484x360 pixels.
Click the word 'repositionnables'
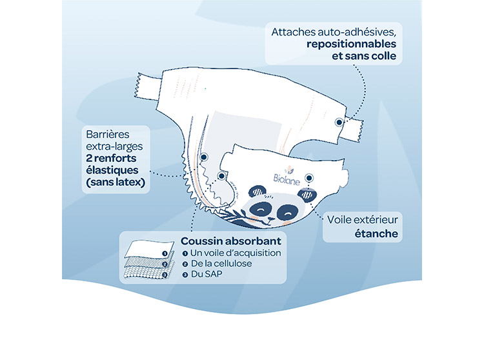[351, 44]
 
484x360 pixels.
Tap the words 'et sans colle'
[364, 56]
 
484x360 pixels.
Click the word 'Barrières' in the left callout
[108, 134]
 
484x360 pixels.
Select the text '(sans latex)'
[116, 183]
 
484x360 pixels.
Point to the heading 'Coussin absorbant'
[231, 241]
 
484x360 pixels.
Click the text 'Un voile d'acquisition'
[236, 253]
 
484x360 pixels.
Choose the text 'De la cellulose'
[221, 263]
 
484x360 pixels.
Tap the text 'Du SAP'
[207, 274]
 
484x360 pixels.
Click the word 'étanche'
[376, 234]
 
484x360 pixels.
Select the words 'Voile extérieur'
[363, 220]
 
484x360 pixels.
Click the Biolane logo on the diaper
[287, 176]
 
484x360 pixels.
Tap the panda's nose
[270, 219]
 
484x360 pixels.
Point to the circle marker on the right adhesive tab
[339, 122]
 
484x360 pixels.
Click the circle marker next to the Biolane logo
[309, 178]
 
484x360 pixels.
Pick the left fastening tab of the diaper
[147, 86]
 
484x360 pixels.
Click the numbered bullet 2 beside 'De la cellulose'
[185, 264]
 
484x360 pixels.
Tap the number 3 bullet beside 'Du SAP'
[185, 274]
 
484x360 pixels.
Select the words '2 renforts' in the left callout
[111, 158]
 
